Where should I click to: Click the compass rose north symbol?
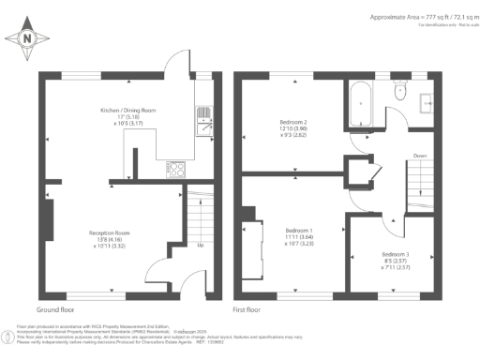click(x=26, y=38)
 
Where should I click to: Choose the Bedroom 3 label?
click(x=396, y=261)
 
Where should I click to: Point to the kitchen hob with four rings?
click(x=175, y=169)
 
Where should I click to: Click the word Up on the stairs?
click(x=202, y=246)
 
